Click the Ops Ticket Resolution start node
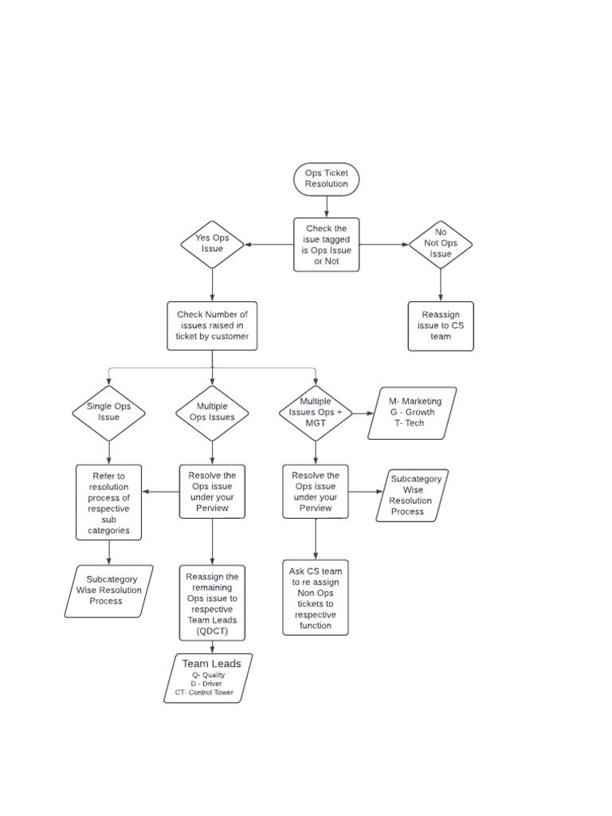tap(326, 178)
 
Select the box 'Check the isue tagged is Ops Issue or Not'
tap(326, 245)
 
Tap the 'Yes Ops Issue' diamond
tap(212, 244)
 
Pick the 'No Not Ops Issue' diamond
tap(441, 244)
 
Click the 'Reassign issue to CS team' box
tap(441, 326)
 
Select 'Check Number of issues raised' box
tap(212, 326)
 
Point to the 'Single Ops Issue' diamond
tap(108, 412)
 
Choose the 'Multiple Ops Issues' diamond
tap(212, 412)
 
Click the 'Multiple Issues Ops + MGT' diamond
tap(316, 412)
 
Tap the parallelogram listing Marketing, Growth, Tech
tap(413, 413)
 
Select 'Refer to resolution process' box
tap(109, 503)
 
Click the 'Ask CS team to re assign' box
tap(316, 598)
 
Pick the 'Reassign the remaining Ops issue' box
tap(212, 604)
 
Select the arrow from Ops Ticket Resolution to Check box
tap(326, 206)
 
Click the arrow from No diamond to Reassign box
tap(441, 285)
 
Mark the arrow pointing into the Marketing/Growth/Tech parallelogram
tap(364, 413)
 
